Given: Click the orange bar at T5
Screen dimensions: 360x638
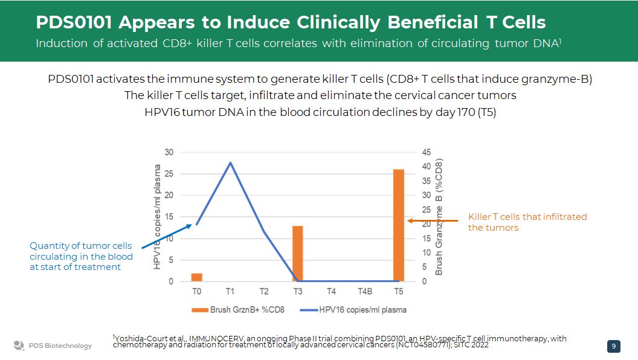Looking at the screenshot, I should (398, 225).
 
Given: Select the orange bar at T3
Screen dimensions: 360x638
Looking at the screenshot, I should (297, 254).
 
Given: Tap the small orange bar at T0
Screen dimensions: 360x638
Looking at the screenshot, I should (197, 277).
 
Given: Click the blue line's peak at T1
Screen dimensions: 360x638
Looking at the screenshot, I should (230, 162).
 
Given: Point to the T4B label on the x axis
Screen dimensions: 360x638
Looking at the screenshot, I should (365, 291).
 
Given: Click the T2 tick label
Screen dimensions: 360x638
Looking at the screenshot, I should (264, 291).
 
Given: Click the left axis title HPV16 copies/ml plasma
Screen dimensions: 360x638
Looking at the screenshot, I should (157, 217).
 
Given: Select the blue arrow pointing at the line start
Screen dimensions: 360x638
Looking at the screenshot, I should (167, 236).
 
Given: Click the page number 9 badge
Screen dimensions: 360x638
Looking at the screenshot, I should (614, 346).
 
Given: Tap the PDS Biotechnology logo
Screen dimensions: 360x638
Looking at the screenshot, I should (53, 346).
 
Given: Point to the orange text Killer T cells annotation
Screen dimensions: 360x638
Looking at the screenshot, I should (527, 222).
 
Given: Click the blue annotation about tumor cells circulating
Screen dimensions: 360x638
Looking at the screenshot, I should (81, 256).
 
